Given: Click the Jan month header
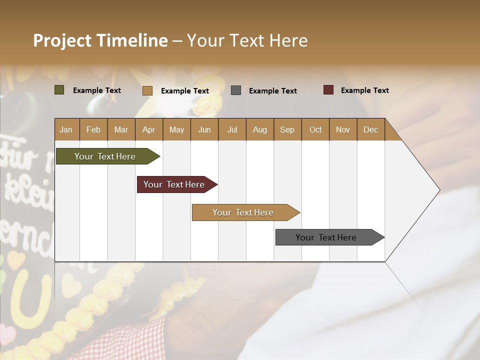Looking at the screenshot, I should (66, 129).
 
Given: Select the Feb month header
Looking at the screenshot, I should (93, 129).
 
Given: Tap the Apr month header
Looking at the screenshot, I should (148, 129).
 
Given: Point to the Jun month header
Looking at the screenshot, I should (204, 129).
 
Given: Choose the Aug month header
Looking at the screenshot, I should (259, 129).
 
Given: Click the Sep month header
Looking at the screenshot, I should (287, 129).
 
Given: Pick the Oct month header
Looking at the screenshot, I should (315, 129).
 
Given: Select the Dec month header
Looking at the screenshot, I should (370, 129).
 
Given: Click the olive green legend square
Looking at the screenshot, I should (59, 90).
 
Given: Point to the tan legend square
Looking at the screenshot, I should (147, 90).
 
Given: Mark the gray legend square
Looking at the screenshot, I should (236, 90).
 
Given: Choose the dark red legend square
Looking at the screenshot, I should (328, 90).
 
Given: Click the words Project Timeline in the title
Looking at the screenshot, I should (100, 40).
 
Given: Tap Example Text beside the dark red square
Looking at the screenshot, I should (364, 90).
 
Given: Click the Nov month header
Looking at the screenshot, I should (342, 129).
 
